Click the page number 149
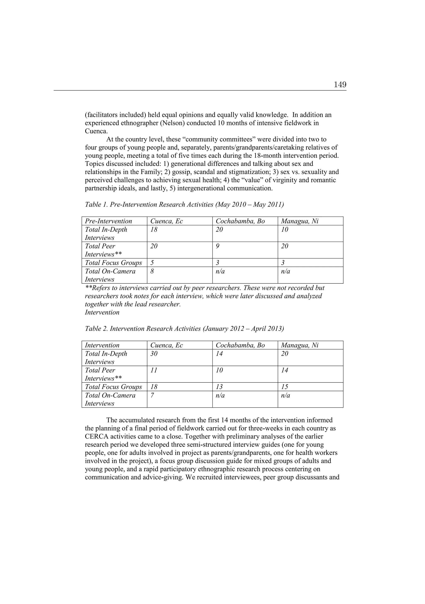pyautogui.click(x=340, y=85)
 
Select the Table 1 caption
pyautogui.click(x=184, y=204)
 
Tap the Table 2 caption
pyautogui.click(x=184, y=328)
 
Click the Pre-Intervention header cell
pyautogui.click(x=108, y=221)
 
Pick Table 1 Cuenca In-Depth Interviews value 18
pyautogui.click(x=154, y=230)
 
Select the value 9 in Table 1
pyautogui.click(x=217, y=246)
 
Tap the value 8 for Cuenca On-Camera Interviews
pyautogui.click(x=152, y=271)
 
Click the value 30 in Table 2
pyautogui.click(x=154, y=354)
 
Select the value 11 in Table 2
pyautogui.click(x=154, y=370)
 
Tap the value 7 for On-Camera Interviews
pyautogui.click(x=152, y=395)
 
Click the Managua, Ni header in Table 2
pyautogui.click(x=299, y=345)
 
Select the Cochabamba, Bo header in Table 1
pyautogui.click(x=240, y=221)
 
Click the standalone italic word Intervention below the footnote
pyautogui.click(x=102, y=312)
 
